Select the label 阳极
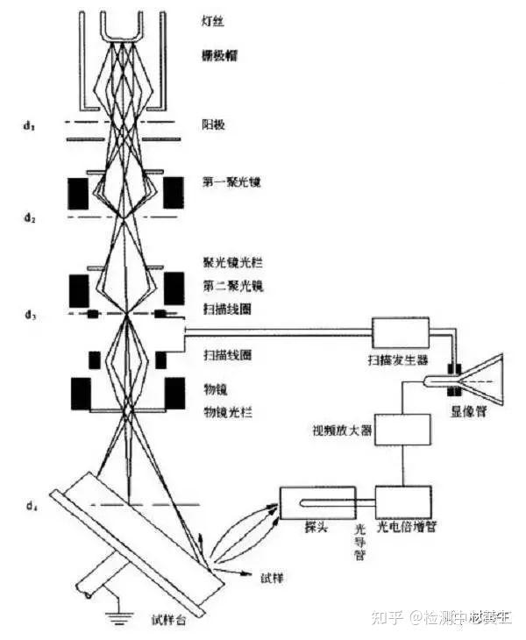coord(214,125)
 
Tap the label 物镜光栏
coord(228,411)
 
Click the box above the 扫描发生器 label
coord(401,331)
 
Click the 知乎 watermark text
coord(389,618)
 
